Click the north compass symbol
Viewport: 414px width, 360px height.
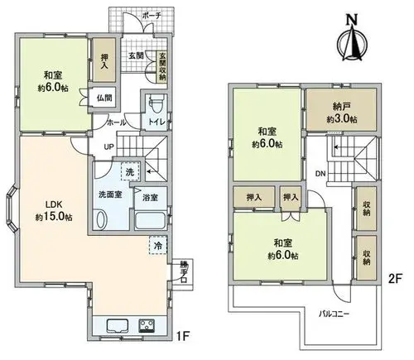pyautogui.click(x=353, y=39)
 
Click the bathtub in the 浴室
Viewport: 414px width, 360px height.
pyautogui.click(x=151, y=220)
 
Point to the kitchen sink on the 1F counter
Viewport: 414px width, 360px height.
pyautogui.click(x=118, y=325)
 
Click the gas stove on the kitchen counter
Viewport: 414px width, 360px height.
pyautogui.click(x=147, y=325)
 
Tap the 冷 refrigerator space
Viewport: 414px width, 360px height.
pyautogui.click(x=158, y=245)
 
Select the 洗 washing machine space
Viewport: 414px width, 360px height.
pyautogui.click(x=130, y=171)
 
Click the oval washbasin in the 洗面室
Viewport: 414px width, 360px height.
pyautogui.click(x=102, y=219)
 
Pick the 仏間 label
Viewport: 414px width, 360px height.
pyautogui.click(x=104, y=98)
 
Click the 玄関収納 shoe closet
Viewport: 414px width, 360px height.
pyautogui.click(x=162, y=66)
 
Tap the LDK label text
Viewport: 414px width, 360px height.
pyautogui.click(x=54, y=204)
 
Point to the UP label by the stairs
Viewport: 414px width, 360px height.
pyautogui.click(x=108, y=147)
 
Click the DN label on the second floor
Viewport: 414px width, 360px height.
pyautogui.click(x=320, y=174)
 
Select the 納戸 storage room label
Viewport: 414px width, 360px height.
pyautogui.click(x=342, y=107)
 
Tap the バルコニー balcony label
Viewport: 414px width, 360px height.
pyautogui.click(x=335, y=314)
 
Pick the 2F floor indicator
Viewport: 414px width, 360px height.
pyautogui.click(x=395, y=279)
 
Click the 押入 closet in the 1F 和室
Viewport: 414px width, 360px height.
pyautogui.click(x=103, y=60)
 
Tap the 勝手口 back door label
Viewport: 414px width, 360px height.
pyautogui.click(x=183, y=272)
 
